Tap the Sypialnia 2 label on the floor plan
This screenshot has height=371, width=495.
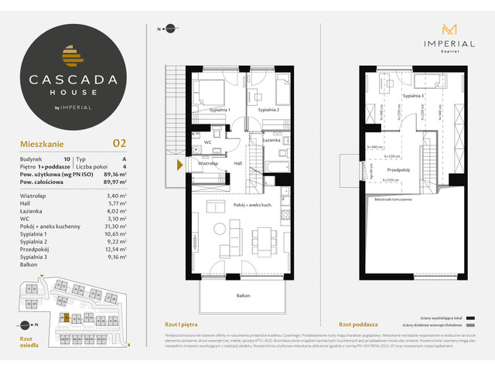pyautogui.click(x=269, y=111)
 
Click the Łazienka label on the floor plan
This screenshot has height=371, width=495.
pyautogui.click(x=271, y=140)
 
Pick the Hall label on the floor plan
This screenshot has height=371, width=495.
pyautogui.click(x=239, y=164)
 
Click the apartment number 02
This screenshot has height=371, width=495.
pyautogui.click(x=119, y=142)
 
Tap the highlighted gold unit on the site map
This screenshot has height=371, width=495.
pyautogui.click(x=67, y=318)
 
